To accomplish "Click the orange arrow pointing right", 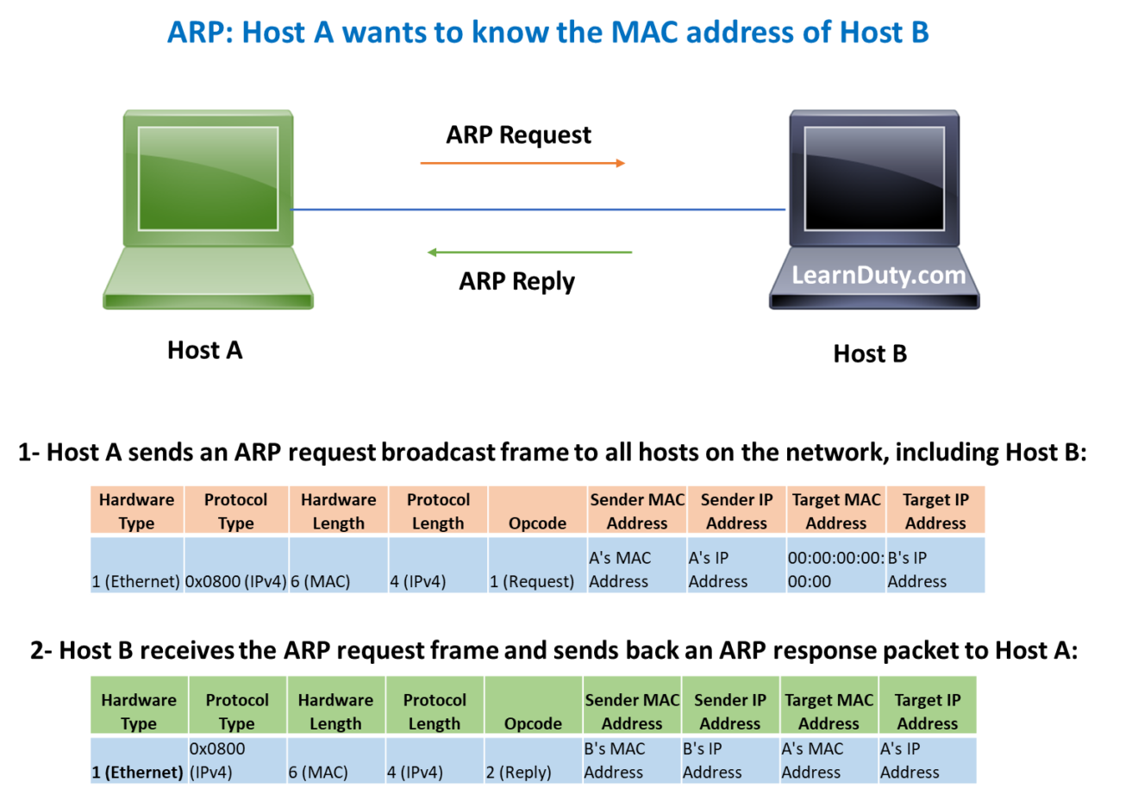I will (x=522, y=163).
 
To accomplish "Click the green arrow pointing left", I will (x=529, y=253).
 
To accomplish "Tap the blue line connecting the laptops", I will (x=539, y=210).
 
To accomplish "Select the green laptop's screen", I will (x=208, y=178).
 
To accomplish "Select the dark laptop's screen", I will (x=874, y=178).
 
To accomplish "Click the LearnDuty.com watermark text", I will (x=879, y=275).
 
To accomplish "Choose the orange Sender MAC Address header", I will (x=637, y=510).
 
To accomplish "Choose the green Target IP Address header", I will (x=928, y=711).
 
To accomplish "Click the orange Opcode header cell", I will (x=537, y=510).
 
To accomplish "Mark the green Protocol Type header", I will (x=237, y=711).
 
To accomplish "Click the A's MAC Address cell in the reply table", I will (x=828, y=761).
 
